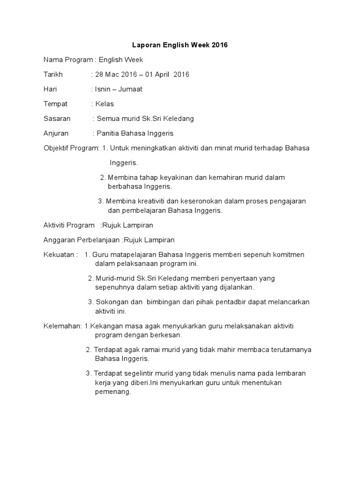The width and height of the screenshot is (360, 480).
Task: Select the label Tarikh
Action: click(x=53, y=75)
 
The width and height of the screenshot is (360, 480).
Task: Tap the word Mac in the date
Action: click(x=116, y=75)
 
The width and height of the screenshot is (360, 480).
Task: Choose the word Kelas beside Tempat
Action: click(x=105, y=104)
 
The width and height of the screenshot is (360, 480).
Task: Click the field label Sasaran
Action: click(x=57, y=119)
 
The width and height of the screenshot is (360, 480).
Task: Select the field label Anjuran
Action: click(x=56, y=133)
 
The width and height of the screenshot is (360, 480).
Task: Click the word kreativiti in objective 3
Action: click(x=150, y=201)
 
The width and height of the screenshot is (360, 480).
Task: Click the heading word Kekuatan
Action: click(x=58, y=255)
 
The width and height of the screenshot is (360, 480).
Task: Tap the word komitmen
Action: click(x=288, y=255)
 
